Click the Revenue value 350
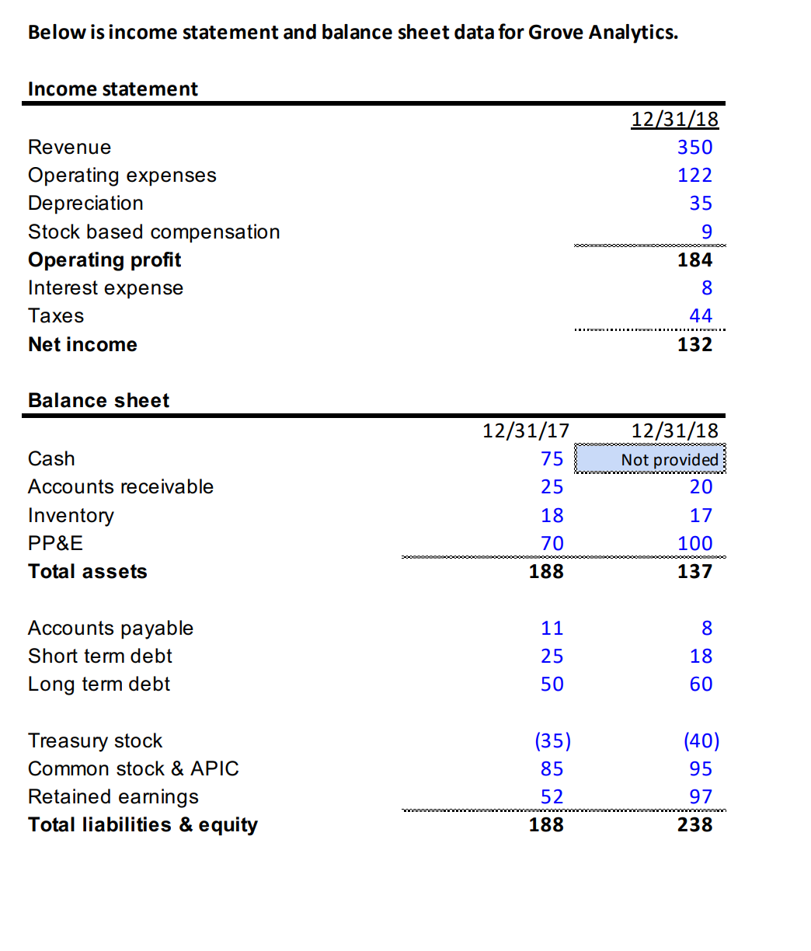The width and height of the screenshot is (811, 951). pyautogui.click(x=694, y=148)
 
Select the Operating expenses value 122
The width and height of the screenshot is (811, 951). pyautogui.click(x=694, y=176)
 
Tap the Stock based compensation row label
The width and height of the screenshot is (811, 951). pyautogui.click(x=154, y=232)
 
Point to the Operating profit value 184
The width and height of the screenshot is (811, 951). pyautogui.click(x=694, y=260)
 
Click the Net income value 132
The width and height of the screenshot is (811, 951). pyautogui.click(x=694, y=344)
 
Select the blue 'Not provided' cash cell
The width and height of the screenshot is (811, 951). pyautogui.click(x=650, y=459)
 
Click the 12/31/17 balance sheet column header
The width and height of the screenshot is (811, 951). pyautogui.click(x=526, y=430)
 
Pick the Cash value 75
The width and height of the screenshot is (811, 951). pyautogui.click(x=552, y=459)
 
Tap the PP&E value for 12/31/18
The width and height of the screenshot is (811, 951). pyautogui.click(x=694, y=544)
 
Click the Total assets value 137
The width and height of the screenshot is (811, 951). pyautogui.click(x=694, y=572)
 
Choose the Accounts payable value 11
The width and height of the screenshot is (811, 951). pyautogui.click(x=552, y=629)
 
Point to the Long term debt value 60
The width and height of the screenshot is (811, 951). pyautogui.click(x=701, y=685)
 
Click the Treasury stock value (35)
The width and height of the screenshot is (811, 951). pyautogui.click(x=552, y=741)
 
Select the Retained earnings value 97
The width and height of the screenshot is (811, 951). pyautogui.click(x=701, y=797)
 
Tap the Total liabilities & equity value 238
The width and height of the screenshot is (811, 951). pyautogui.click(x=694, y=825)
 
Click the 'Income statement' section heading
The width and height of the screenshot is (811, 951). pyautogui.click(x=113, y=89)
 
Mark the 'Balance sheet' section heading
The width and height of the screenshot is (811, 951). pyautogui.click(x=99, y=401)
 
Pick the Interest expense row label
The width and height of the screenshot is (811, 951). pyautogui.click(x=106, y=288)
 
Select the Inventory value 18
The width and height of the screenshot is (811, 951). pyautogui.click(x=552, y=516)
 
